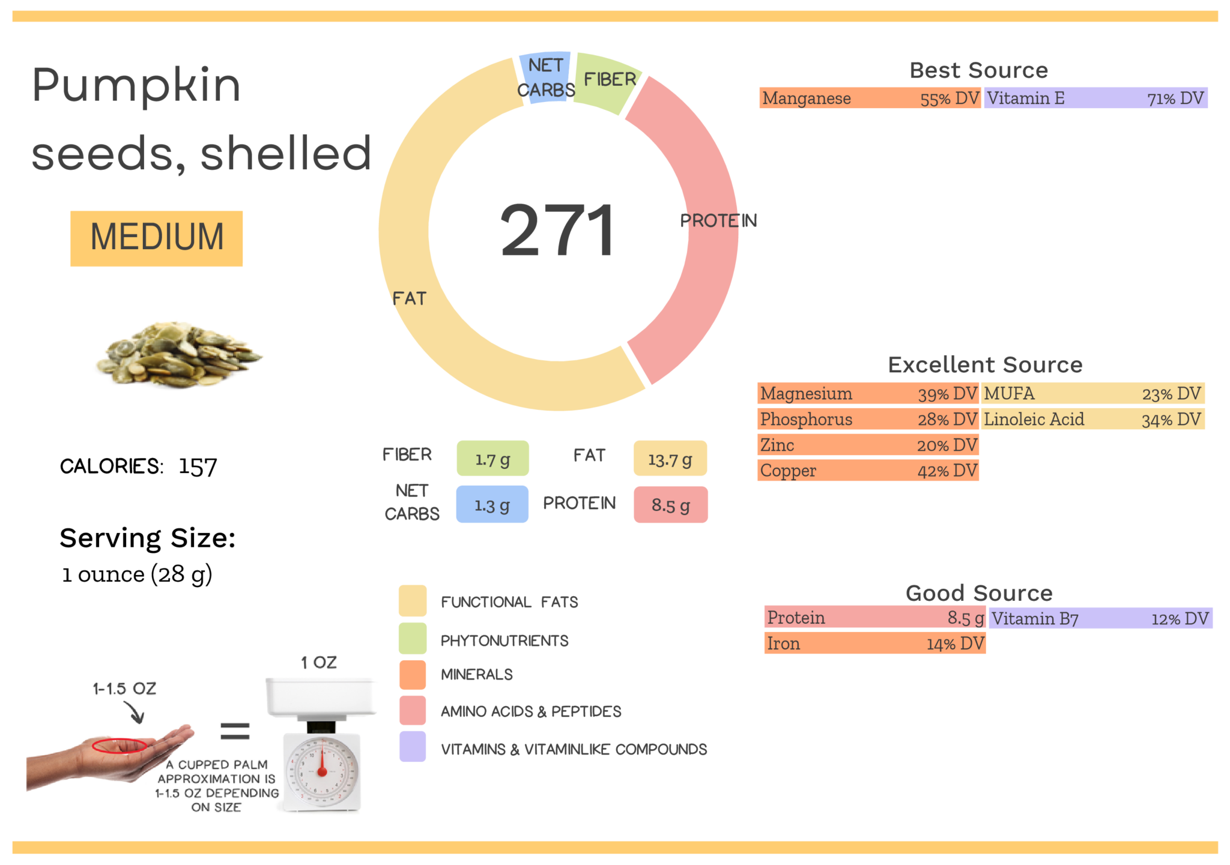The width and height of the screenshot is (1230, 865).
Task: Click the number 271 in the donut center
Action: [x=557, y=231]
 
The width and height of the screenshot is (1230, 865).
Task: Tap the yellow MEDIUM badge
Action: [x=156, y=238]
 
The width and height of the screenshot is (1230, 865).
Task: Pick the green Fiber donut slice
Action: [x=607, y=81]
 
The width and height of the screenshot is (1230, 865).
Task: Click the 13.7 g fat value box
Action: [x=670, y=459]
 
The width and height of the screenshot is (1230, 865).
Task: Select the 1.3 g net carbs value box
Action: [x=492, y=504]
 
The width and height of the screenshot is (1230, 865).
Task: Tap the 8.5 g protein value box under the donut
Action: [x=670, y=504]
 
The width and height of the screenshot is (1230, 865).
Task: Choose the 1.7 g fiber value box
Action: [x=492, y=459]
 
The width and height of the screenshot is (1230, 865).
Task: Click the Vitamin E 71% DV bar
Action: [x=1095, y=98]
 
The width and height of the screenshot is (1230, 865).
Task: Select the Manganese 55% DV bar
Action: [x=869, y=98]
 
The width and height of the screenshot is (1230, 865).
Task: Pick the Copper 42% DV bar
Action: [x=868, y=471]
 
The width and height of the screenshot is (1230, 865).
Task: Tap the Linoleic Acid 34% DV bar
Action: [x=1092, y=419]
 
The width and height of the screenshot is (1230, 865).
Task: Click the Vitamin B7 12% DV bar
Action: [x=1100, y=618]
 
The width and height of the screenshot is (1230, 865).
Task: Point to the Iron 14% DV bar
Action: [x=874, y=643]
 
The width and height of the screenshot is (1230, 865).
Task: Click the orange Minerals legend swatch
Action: [x=413, y=674]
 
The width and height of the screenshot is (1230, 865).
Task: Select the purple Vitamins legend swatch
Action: [x=413, y=747]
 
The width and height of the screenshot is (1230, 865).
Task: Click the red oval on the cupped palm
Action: [x=119, y=745]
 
